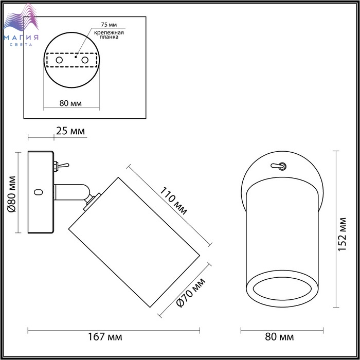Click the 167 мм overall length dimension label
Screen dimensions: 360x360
105,337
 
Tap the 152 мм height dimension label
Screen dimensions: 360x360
342,234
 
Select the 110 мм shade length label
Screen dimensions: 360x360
174,201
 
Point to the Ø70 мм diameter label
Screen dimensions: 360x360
191,292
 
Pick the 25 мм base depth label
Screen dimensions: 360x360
70,131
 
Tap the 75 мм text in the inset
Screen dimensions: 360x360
109,25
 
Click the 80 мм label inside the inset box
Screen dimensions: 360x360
70,103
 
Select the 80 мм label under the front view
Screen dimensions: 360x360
279,337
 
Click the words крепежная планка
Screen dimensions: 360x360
109,34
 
